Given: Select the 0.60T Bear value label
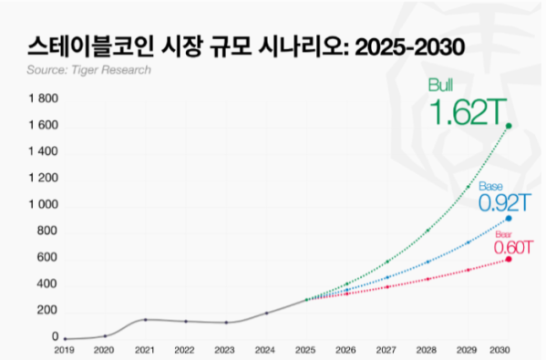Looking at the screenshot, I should coord(513,245).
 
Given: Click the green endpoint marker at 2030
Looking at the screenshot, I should coord(509,126).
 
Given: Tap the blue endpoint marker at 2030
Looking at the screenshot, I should coord(509,219).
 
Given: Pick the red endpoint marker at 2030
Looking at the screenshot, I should coord(509,259).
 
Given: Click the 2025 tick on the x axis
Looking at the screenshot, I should coord(306,349).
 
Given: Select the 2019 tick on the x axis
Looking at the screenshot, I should coord(64,349).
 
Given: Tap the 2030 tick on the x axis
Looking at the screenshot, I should coord(500,349).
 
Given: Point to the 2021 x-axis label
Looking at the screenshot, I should coord(145,349).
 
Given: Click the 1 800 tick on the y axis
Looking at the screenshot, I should coord(43,98).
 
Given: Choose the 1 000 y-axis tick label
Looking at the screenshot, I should coord(43,205).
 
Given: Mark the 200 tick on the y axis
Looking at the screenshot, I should coord(47,311).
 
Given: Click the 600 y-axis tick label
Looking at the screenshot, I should coord(47,258).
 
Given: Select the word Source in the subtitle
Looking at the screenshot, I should coord(47,69).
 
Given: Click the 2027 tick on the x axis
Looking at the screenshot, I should coord(387,349).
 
